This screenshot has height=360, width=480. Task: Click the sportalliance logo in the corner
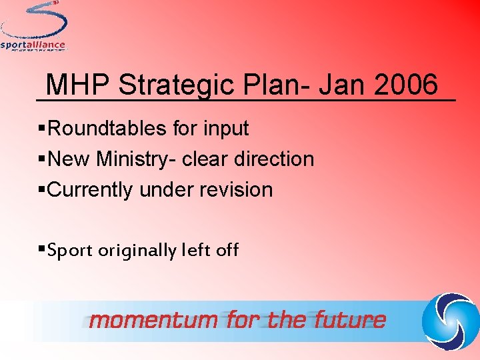(x=35, y=27)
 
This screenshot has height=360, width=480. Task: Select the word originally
(x=137, y=251)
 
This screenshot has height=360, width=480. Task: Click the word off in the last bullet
(x=227, y=250)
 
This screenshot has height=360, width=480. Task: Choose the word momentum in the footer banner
(x=154, y=321)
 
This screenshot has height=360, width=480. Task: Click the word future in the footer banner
(x=350, y=321)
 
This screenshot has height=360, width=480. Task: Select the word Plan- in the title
(x=274, y=85)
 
